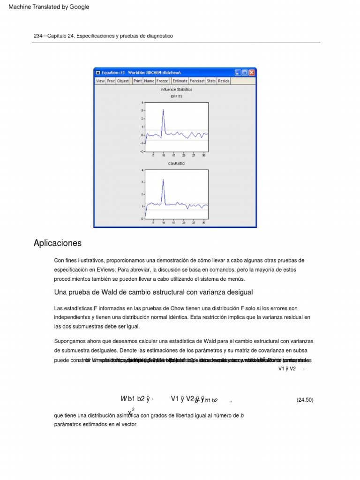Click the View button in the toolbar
(100, 81)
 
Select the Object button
(123, 81)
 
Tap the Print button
(137, 81)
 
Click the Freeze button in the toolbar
(162, 81)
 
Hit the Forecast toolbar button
(197, 81)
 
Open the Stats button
(211, 81)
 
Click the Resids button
(224, 81)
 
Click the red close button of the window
(252, 73)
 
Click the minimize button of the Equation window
(238, 73)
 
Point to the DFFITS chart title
(176, 96)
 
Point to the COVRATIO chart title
(176, 164)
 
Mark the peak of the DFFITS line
(163, 110)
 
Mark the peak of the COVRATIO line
(163, 179)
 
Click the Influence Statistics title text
(176, 89)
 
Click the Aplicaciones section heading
(58, 243)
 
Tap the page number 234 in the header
(38, 36)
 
